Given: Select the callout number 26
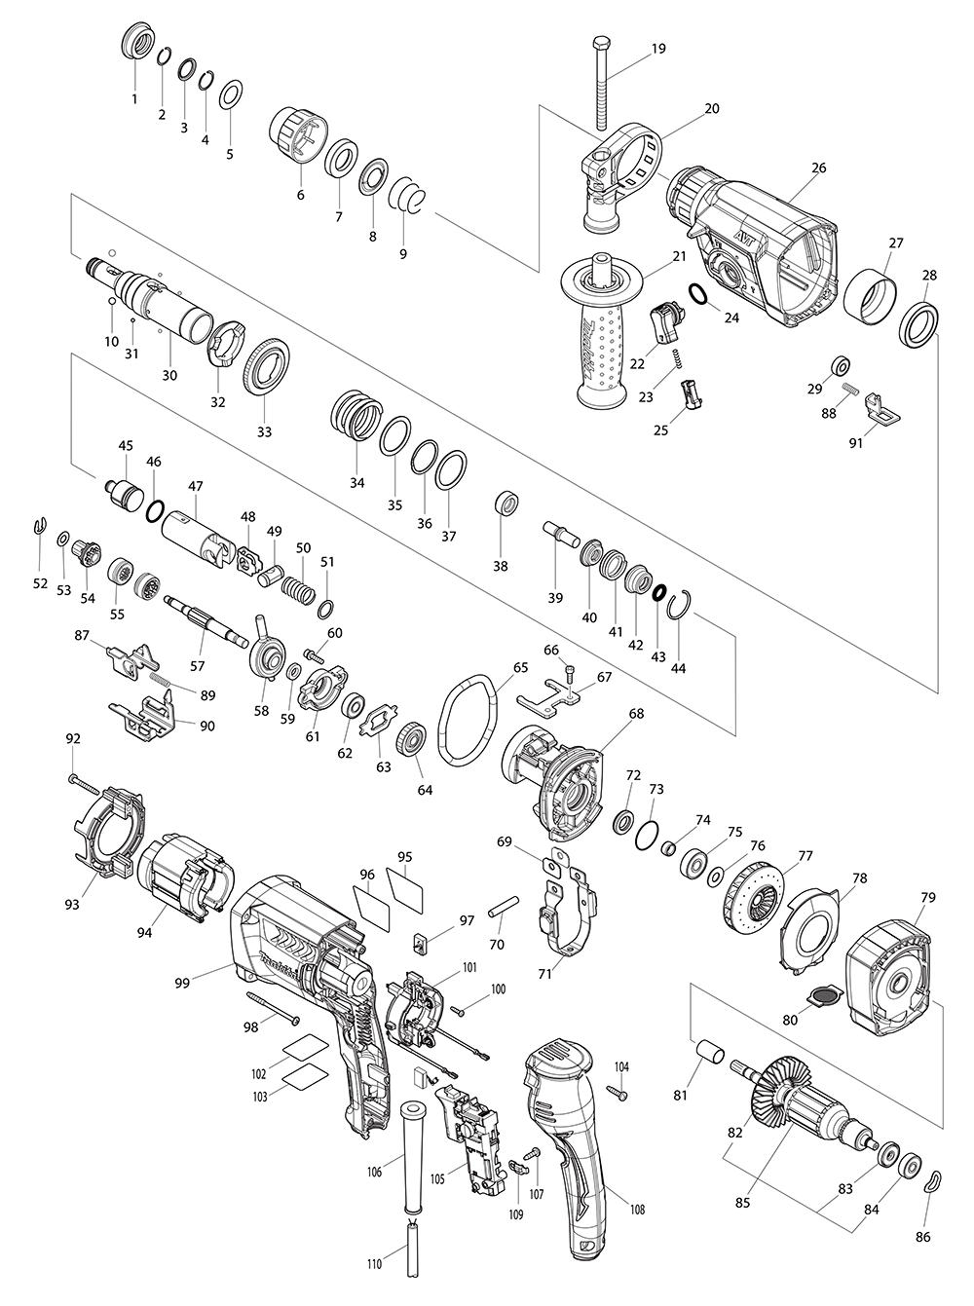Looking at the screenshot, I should [x=817, y=168].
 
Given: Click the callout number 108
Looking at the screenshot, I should [x=637, y=1210].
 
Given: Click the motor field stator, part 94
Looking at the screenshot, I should [x=183, y=876].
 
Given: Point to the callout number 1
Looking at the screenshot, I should [x=134, y=98].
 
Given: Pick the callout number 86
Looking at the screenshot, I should [x=923, y=1237].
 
